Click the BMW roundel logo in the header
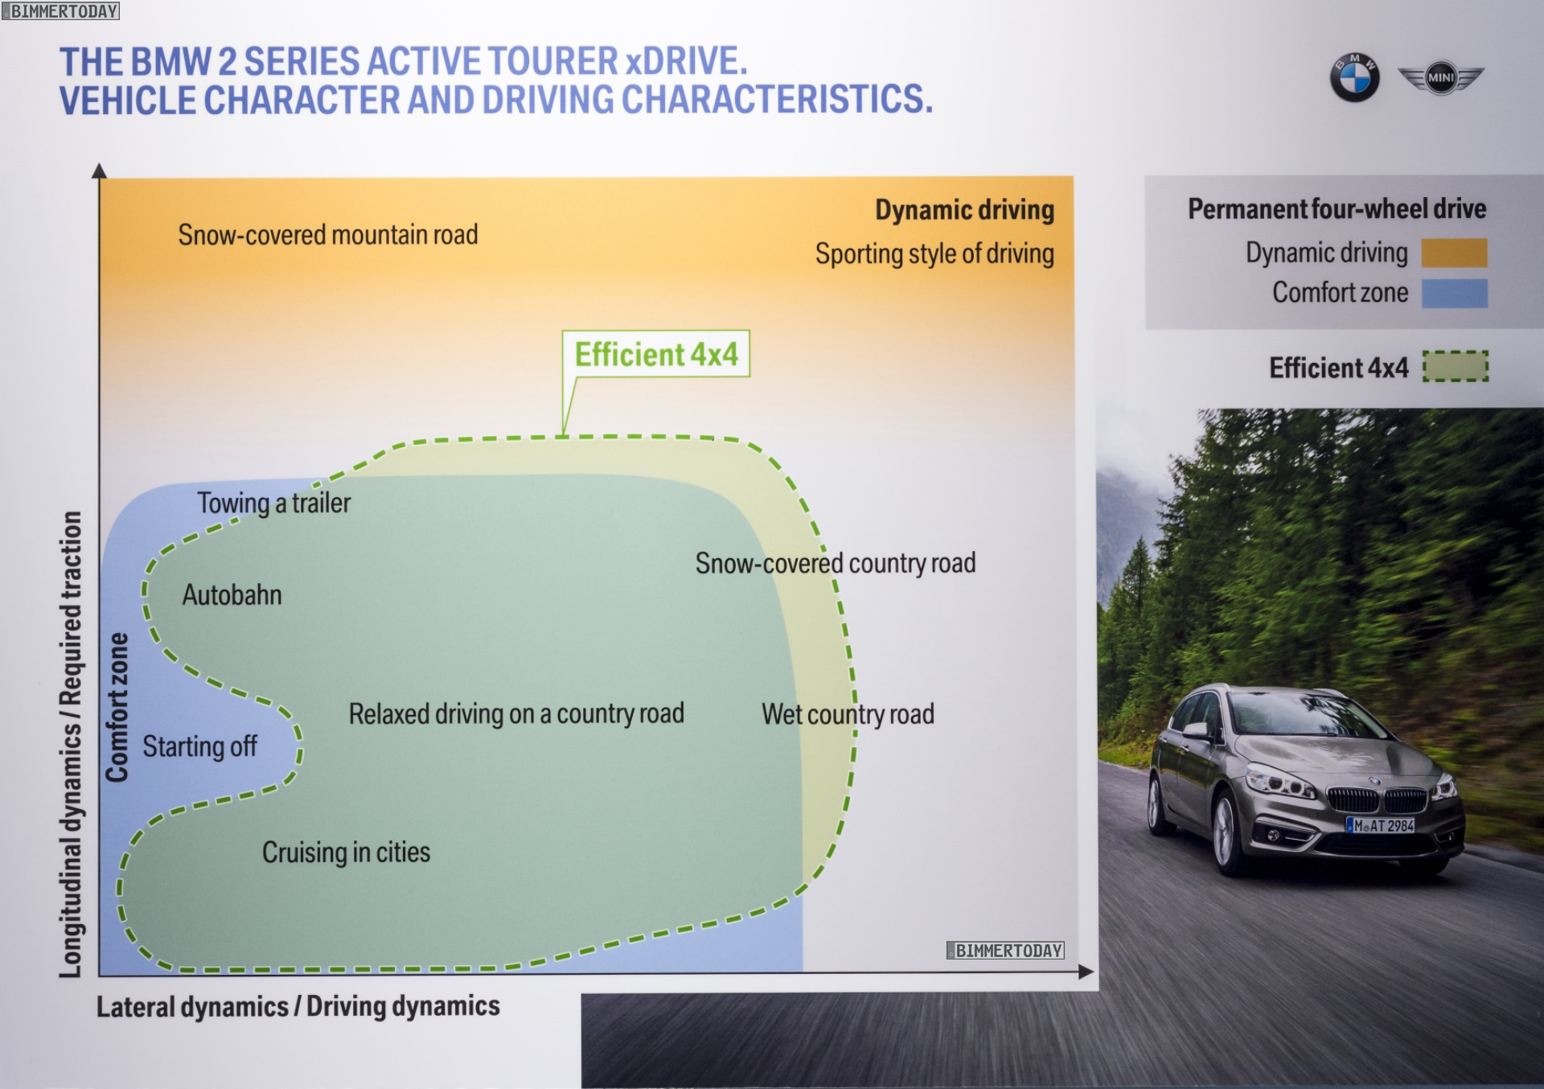1354,78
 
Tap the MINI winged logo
1440,78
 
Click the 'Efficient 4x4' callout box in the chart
655,354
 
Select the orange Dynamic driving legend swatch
1454,253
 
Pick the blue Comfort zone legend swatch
1454,294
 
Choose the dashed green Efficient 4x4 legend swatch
1456,367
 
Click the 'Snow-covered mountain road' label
328,235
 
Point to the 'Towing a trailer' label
274,503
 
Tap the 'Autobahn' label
232,595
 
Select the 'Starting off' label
200,746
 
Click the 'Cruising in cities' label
346,853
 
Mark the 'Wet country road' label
848,714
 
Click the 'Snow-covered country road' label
836,564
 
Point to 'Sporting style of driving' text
934,254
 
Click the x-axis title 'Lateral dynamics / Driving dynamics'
298,1006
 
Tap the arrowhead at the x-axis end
1086,972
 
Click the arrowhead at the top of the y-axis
100,171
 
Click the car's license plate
1381,825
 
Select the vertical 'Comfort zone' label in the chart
117,707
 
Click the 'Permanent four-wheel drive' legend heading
1337,209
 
